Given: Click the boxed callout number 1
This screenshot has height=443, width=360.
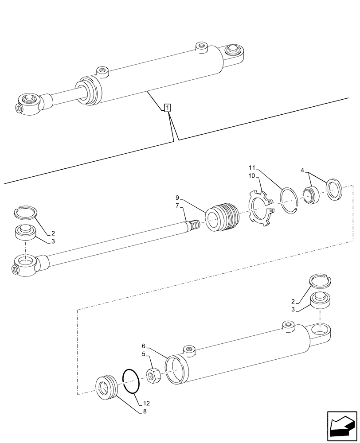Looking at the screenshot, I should [167, 108].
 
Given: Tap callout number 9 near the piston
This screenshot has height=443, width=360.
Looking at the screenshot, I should [177, 197].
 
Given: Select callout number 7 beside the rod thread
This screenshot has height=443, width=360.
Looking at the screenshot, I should [177, 206].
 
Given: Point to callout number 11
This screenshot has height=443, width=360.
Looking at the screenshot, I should [251, 168].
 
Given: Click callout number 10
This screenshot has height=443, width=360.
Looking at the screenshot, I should [251, 176].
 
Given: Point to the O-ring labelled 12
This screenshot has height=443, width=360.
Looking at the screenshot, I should [131, 380].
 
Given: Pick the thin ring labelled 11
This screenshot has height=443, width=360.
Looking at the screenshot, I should [290, 201].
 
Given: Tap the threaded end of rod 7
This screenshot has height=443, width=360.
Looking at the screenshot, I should [194, 225].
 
